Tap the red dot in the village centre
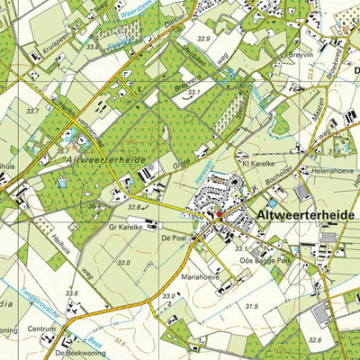point(218,214)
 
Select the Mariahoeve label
point(199,278)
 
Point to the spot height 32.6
point(313,339)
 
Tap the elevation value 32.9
point(203,39)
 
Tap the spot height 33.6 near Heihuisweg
point(72,293)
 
